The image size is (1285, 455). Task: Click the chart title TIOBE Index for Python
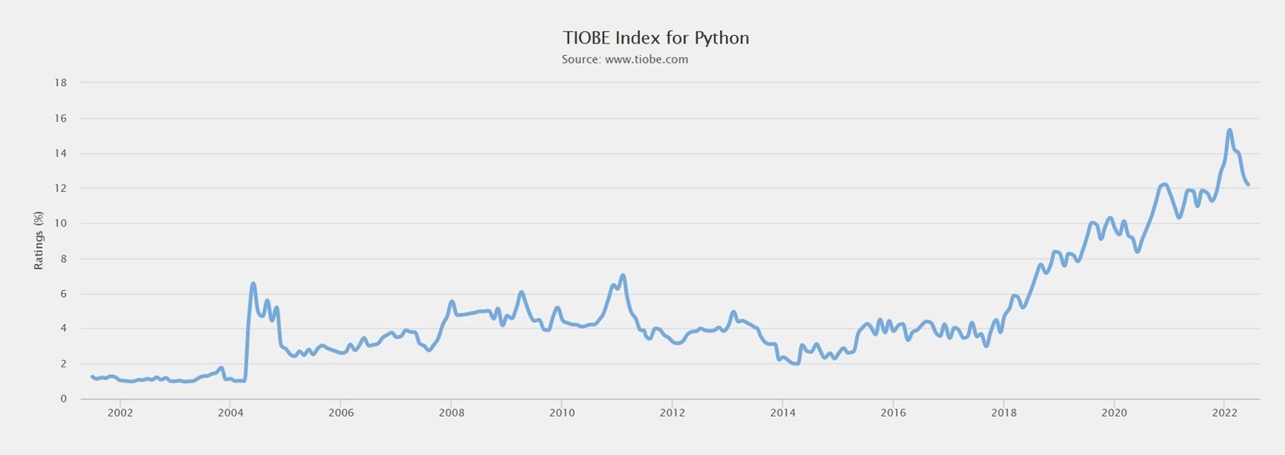click(x=657, y=38)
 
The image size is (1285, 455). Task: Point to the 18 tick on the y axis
click(x=61, y=83)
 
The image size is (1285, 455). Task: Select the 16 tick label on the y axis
click(x=61, y=119)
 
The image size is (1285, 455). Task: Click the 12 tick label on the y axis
click(x=61, y=189)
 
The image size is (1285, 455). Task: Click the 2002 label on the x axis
click(x=120, y=412)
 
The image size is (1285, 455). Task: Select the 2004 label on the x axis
click(x=230, y=412)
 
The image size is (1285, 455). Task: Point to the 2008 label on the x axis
click(x=451, y=412)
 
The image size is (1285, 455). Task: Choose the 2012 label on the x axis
click(x=672, y=412)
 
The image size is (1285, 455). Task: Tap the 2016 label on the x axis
click(x=893, y=412)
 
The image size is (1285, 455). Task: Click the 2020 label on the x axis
click(x=1114, y=412)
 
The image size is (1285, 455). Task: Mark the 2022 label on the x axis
click(x=1224, y=412)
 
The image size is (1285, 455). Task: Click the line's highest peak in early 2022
click(x=1230, y=130)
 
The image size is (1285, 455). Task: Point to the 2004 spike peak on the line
click(x=253, y=284)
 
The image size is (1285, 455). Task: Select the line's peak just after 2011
click(x=622, y=276)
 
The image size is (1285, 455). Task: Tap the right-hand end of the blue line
click(x=1247, y=185)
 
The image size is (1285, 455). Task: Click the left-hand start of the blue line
click(x=92, y=377)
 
